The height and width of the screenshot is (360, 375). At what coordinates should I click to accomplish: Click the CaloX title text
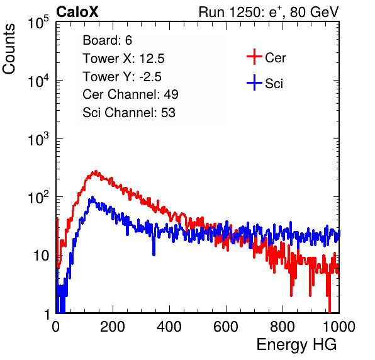click(77, 12)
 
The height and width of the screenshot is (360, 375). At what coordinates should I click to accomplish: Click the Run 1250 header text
click(269, 12)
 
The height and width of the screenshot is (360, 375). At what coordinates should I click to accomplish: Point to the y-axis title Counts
click(9, 49)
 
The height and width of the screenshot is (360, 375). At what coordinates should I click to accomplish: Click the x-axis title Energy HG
click(296, 345)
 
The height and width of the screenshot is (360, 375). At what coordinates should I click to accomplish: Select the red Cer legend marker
click(254, 57)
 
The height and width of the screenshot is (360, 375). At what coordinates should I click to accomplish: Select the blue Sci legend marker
click(254, 82)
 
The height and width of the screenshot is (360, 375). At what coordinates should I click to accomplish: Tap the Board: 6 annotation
click(107, 40)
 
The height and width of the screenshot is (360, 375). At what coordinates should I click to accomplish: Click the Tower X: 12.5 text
click(123, 59)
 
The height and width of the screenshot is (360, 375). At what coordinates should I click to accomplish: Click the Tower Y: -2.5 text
click(122, 77)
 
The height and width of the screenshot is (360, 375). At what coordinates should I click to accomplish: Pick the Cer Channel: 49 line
click(130, 94)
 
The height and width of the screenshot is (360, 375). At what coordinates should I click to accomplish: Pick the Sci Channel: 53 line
click(129, 113)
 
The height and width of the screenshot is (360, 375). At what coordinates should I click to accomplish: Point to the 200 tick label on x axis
click(113, 327)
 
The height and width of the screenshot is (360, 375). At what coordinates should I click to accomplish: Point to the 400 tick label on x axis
click(169, 327)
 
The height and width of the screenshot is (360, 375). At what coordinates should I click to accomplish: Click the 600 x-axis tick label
click(226, 327)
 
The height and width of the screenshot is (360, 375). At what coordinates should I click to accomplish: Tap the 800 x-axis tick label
click(283, 327)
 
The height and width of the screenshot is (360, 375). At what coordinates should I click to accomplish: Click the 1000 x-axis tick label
click(339, 327)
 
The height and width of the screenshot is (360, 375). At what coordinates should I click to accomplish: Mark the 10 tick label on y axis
click(42, 256)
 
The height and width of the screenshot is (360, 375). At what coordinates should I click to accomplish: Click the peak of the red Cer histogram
click(96, 171)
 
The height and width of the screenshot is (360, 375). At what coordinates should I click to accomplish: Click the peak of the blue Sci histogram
click(92, 198)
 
